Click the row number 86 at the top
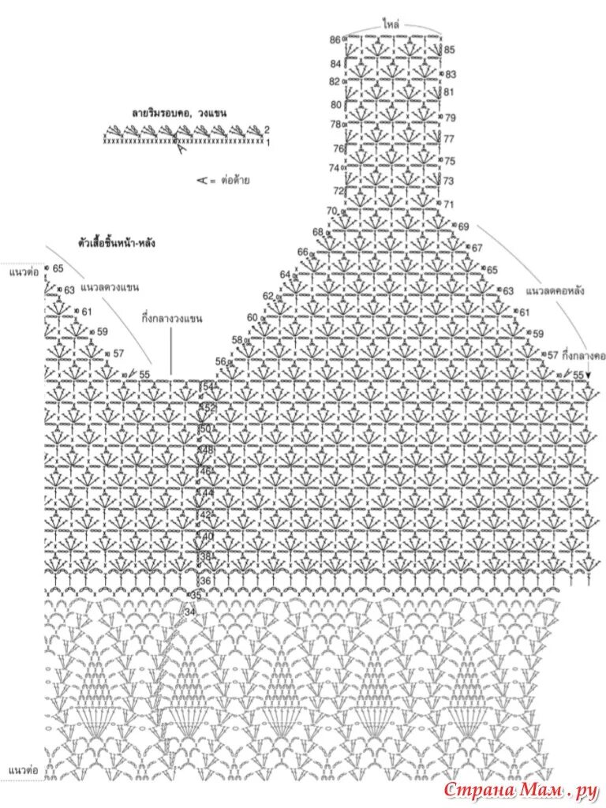[335, 40]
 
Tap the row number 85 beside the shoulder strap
[450, 50]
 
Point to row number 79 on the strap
[451, 118]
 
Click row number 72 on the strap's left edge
[338, 191]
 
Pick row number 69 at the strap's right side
[463, 226]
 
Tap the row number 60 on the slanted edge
[252, 318]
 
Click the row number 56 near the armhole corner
[220, 361]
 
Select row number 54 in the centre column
[208, 387]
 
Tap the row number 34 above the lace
[189, 612]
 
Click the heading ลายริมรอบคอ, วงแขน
[179, 113]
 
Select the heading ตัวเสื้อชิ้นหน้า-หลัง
[116, 242]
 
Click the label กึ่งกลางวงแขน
[172, 319]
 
